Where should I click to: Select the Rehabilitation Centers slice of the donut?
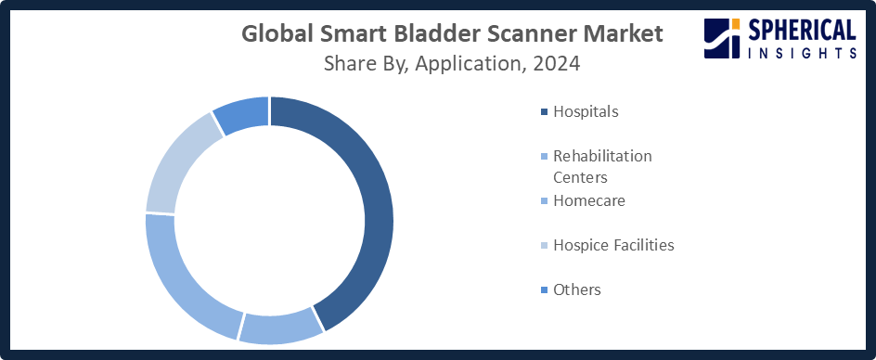coord(282,327)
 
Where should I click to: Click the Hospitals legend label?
coord(586,111)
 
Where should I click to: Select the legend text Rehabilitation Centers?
coord(602,167)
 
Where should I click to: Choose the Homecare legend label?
coord(589,200)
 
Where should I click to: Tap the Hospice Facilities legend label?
coord(613,245)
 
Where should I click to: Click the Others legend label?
coord(577,289)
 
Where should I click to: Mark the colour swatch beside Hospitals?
coord(544,112)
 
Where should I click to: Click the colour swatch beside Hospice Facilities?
coord(544,245)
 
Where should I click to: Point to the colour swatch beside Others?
coord(544,290)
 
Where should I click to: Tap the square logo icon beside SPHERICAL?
coord(722,38)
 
